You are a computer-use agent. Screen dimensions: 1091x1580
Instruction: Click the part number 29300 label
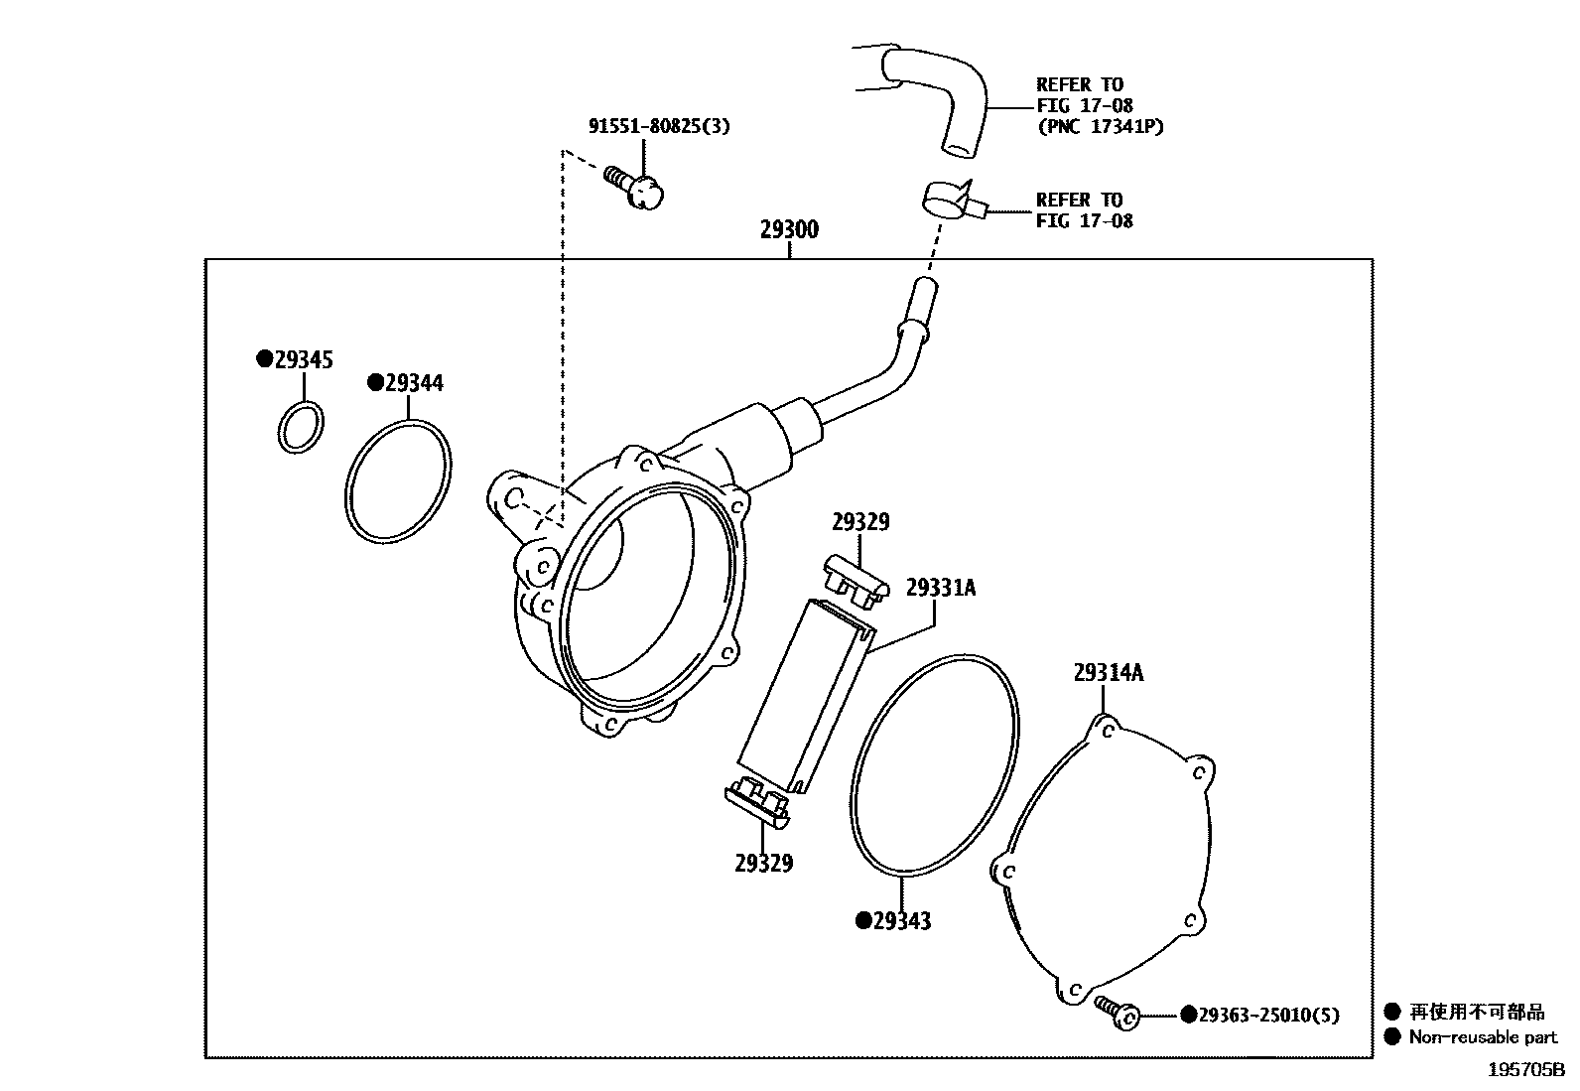(x=789, y=229)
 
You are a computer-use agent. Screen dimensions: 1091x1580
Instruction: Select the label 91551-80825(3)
(x=659, y=126)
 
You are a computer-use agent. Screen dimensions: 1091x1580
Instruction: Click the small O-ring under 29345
(x=300, y=428)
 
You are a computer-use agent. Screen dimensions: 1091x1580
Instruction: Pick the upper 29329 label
(x=860, y=521)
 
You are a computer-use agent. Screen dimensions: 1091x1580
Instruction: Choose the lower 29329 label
(x=763, y=863)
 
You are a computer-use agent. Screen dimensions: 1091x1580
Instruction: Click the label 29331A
(x=940, y=588)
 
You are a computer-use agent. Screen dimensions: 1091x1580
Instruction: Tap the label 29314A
(x=1108, y=672)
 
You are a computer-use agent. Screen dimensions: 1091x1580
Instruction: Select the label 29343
(x=901, y=921)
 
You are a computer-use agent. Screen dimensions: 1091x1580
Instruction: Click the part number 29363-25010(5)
(x=1267, y=1015)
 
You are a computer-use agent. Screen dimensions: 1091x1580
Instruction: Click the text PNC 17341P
(x=1100, y=126)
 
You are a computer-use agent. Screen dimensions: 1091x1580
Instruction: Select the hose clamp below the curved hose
(x=950, y=202)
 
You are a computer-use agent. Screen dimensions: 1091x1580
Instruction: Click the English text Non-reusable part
(x=1483, y=1037)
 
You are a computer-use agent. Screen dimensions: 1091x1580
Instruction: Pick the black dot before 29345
(x=264, y=359)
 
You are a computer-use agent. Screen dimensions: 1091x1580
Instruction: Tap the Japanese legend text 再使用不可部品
(x=1477, y=1012)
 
